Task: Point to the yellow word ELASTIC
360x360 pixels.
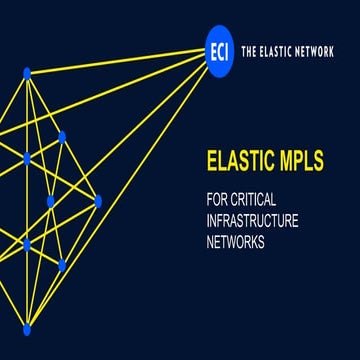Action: coord(233,158)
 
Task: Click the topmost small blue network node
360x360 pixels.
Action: coord(27,72)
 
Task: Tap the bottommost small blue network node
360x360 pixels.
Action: coord(27,329)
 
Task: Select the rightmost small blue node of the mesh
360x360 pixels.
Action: coord(98,201)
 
